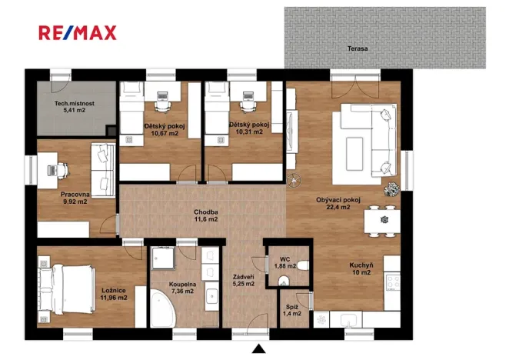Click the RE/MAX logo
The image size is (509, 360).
click(78, 32)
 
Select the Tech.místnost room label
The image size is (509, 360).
click(73, 104)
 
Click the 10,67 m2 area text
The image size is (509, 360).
click(161, 133)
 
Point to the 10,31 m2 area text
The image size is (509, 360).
click(246, 132)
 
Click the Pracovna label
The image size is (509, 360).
click(75, 195)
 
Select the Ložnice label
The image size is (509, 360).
click(113, 290)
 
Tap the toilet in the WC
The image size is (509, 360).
click(287, 281)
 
